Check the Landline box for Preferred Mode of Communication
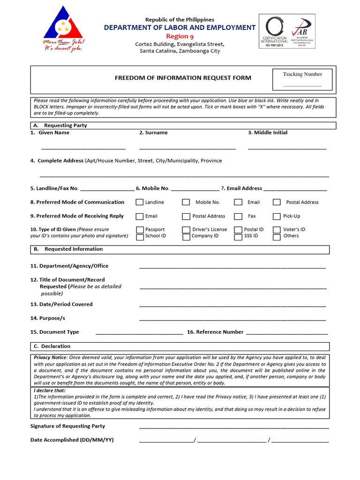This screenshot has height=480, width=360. tap(139, 202)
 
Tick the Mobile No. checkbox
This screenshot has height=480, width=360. tap(186, 202)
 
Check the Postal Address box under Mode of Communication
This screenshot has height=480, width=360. tap(277, 202)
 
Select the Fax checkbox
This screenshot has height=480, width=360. tap(238, 217)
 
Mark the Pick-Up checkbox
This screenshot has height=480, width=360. tap(277, 217)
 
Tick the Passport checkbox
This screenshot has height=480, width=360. tap(139, 230)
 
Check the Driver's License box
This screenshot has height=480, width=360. tap(186, 230)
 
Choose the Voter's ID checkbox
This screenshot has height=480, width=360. tap(277, 230)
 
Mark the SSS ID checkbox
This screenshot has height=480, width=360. tap(238, 237)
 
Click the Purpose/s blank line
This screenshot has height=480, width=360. tap(232, 320)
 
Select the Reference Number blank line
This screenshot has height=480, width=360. tap(286, 333)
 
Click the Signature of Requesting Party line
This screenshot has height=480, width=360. tap(233, 427)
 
